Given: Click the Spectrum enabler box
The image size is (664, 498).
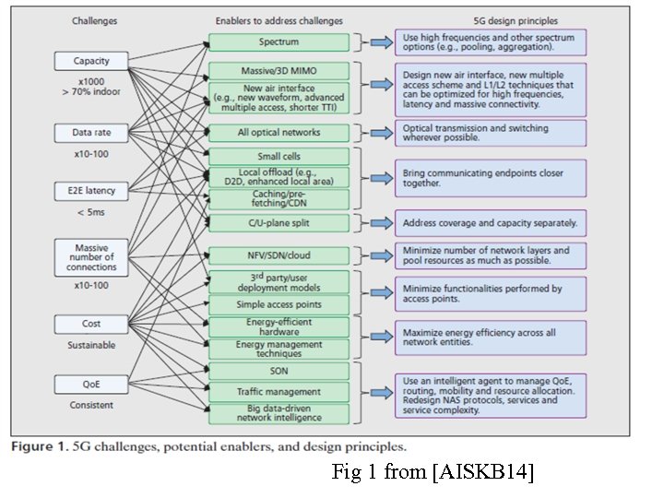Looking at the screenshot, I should coord(279,41).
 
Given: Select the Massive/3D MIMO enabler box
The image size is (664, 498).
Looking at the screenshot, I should coord(279,70).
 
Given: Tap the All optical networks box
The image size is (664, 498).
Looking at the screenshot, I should coord(279,133).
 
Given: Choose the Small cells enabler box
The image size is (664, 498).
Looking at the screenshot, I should coord(279,157).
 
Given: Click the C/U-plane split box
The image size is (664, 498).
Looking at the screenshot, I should coord(279,222).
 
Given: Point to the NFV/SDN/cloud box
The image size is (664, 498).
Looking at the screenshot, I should coord(279,255).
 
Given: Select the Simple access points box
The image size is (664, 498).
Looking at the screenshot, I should coord(279,303).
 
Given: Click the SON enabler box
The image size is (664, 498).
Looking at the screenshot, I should coord(279,371).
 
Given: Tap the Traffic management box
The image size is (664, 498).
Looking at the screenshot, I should coord(279,392).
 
